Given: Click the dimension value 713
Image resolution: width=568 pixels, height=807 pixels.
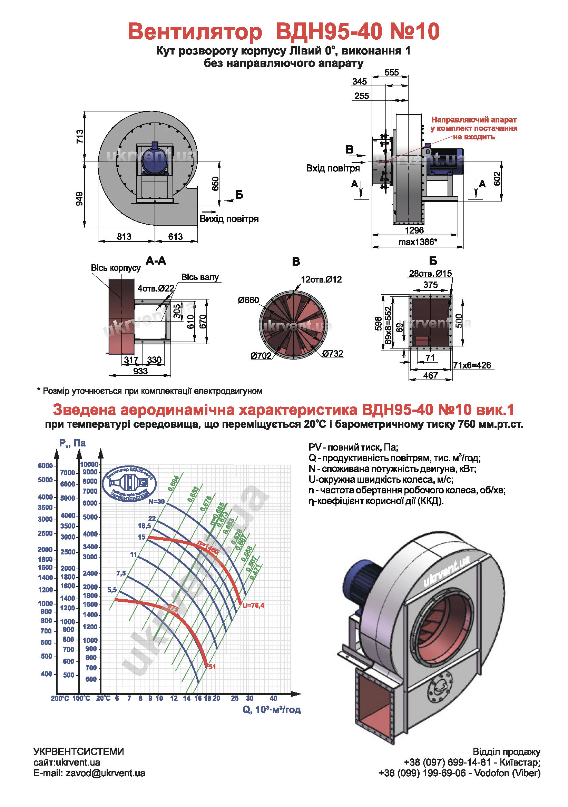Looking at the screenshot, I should pyautogui.click(x=80, y=136).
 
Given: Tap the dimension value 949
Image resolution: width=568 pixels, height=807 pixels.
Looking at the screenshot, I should pyautogui.click(x=80, y=199).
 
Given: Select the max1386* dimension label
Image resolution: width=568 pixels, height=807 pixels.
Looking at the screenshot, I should pyautogui.click(x=418, y=242).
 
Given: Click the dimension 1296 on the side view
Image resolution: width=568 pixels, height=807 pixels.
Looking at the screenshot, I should pyautogui.click(x=414, y=230).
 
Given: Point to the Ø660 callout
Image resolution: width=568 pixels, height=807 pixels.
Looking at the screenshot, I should pyautogui.click(x=248, y=300).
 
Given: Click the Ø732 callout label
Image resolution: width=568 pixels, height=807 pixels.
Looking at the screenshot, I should pyautogui.click(x=333, y=354).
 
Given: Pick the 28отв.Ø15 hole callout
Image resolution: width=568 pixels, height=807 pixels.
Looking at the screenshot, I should pyautogui.click(x=430, y=274).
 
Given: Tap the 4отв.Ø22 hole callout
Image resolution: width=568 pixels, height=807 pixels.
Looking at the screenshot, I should pyautogui.click(x=156, y=288).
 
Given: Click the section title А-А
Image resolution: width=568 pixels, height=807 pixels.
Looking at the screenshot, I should pyautogui.click(x=156, y=261).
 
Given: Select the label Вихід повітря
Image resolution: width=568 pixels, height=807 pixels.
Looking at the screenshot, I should pyautogui.click(x=229, y=219).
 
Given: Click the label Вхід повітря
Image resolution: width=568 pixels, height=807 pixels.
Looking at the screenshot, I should pyautogui.click(x=333, y=168).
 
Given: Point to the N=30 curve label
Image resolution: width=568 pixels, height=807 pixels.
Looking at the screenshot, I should pyautogui.click(x=156, y=502).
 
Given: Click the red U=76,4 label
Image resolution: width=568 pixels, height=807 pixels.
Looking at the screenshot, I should pyautogui.click(x=253, y=605).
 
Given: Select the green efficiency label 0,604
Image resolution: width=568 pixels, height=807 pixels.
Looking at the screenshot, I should pyautogui.click(x=173, y=483).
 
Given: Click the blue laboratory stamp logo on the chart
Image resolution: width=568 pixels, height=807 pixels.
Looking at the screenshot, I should pyautogui.click(x=129, y=484).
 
